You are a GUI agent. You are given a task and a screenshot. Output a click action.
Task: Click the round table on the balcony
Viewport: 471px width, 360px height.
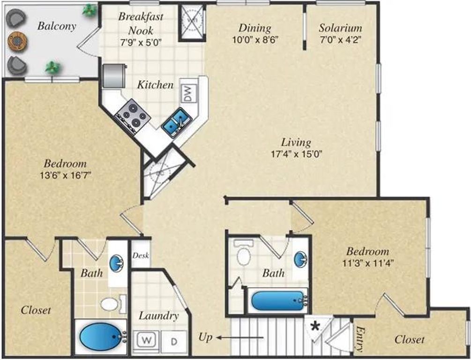pyautogui.click(x=17, y=42)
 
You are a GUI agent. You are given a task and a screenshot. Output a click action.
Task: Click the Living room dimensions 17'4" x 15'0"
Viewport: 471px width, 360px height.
pyautogui.click(x=296, y=153)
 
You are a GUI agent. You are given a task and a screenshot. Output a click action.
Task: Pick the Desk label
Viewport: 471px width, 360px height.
pyautogui.click(x=141, y=256)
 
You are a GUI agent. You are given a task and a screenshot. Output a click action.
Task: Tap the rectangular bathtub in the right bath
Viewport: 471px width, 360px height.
pyautogui.click(x=278, y=300)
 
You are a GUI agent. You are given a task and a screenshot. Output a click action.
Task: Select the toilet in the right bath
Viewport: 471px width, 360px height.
pyautogui.click(x=243, y=254)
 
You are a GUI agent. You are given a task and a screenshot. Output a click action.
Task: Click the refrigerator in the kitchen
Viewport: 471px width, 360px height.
pyautogui.click(x=113, y=75)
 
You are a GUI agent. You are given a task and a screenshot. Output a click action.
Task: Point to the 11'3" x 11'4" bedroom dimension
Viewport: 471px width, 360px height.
pyautogui.click(x=367, y=263)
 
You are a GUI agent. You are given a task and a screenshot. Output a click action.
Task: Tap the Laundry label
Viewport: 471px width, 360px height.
pyautogui.click(x=158, y=316)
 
